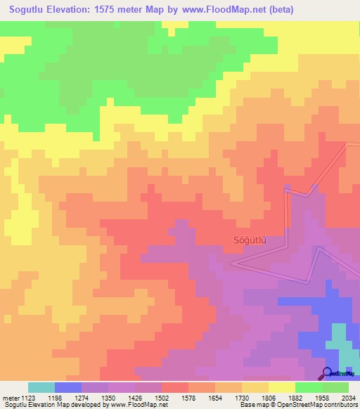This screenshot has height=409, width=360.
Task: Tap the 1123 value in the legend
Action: click(x=28, y=398)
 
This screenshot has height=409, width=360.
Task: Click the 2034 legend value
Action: click(x=348, y=398)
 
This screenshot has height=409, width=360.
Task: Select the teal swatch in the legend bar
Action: click(x=41, y=387)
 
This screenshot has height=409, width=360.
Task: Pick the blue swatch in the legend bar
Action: click(x=67, y=387)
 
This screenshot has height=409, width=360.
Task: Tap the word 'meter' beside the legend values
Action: click(x=11, y=398)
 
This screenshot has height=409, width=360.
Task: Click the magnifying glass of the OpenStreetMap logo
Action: click(x=327, y=373)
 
